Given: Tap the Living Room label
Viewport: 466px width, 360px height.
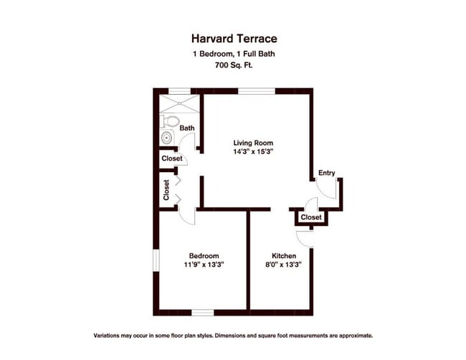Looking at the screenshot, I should pos(253,143).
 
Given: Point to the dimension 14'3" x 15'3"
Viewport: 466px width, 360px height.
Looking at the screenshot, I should pos(253,152).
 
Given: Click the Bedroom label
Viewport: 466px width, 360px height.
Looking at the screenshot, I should pos(204,255).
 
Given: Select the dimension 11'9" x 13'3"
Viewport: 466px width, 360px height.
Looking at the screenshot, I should pos(204,265).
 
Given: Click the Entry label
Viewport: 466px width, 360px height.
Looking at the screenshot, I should pos(326,173).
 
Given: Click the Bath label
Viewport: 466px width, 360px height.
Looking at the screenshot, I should pos(186,129).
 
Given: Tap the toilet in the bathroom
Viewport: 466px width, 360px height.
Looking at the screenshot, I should pos(170,120).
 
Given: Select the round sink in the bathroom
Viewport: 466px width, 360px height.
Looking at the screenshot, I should pos(167,138).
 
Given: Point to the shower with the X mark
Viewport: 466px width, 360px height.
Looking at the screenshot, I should pos(178,100).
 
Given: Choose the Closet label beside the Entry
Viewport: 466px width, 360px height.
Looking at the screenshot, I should pos(311,217).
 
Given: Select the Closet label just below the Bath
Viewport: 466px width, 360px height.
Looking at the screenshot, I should pos(172,158).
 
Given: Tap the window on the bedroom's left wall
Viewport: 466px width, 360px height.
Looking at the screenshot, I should pos(155,260).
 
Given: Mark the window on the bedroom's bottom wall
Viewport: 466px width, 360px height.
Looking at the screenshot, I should pos(203,313).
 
